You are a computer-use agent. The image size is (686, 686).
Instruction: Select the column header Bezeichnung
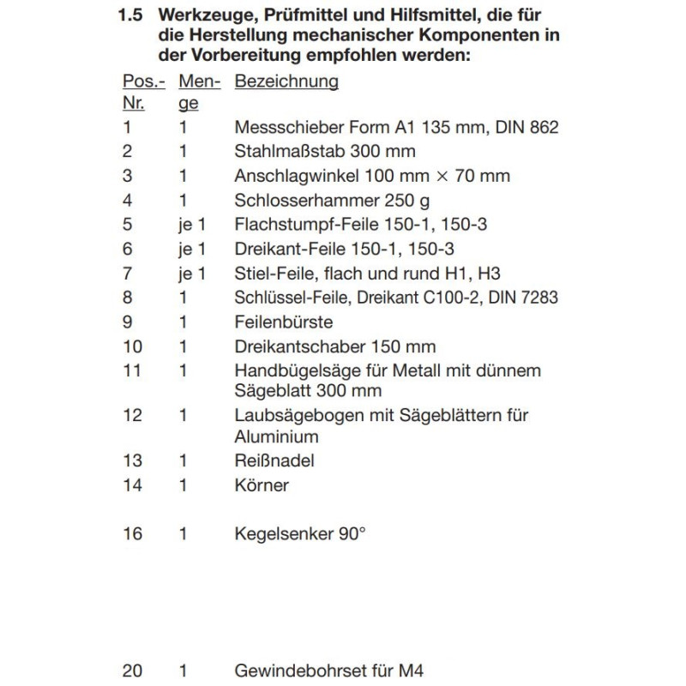286,81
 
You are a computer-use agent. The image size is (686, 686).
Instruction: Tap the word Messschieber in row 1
279,128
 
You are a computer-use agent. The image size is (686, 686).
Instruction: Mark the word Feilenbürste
283,322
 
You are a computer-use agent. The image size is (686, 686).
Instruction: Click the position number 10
132,347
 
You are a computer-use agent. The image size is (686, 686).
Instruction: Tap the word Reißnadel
274,460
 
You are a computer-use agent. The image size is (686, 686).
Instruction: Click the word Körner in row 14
261,485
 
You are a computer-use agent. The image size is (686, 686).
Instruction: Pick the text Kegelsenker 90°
300,533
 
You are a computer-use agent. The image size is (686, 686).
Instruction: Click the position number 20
132,671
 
